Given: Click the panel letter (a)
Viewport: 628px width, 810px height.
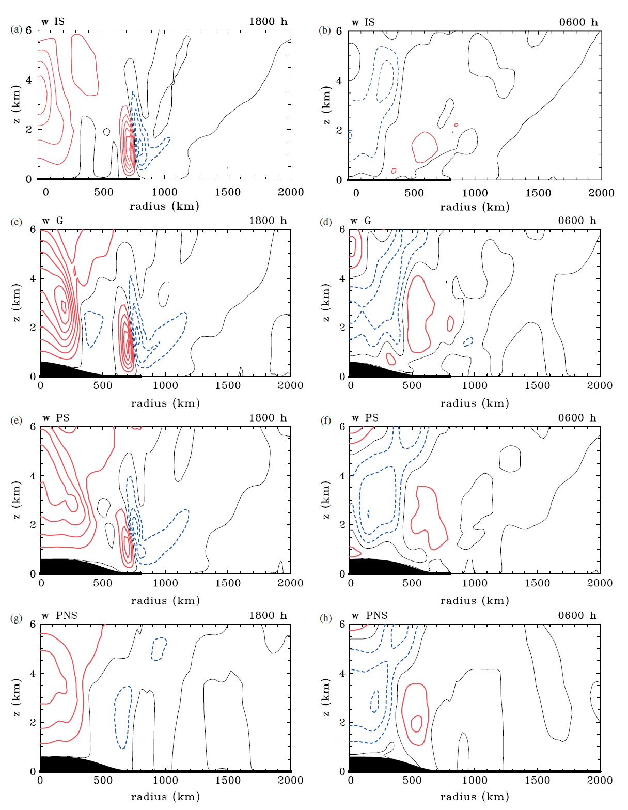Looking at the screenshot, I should [x=17, y=30].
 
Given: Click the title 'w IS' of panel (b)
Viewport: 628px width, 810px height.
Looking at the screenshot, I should [x=363, y=22].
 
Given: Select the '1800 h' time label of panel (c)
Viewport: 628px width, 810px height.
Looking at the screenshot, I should [x=268, y=221].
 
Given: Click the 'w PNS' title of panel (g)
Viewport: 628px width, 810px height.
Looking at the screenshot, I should [x=59, y=615].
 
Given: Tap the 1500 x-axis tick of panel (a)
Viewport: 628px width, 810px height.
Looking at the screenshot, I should [x=228, y=192].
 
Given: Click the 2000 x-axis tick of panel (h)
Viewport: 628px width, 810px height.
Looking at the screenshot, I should [x=600, y=780].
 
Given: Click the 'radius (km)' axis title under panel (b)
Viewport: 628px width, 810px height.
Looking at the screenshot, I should [x=475, y=207].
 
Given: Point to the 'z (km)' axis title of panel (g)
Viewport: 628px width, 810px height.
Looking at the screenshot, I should [x=17, y=697].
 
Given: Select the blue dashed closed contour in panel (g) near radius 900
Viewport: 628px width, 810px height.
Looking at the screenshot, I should [x=159, y=648].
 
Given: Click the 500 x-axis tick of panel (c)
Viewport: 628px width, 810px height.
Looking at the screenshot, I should [x=103, y=385].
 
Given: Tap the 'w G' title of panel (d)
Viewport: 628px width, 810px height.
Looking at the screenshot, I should [x=361, y=221].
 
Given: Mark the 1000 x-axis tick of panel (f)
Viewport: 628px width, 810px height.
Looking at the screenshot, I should [x=475, y=583].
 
